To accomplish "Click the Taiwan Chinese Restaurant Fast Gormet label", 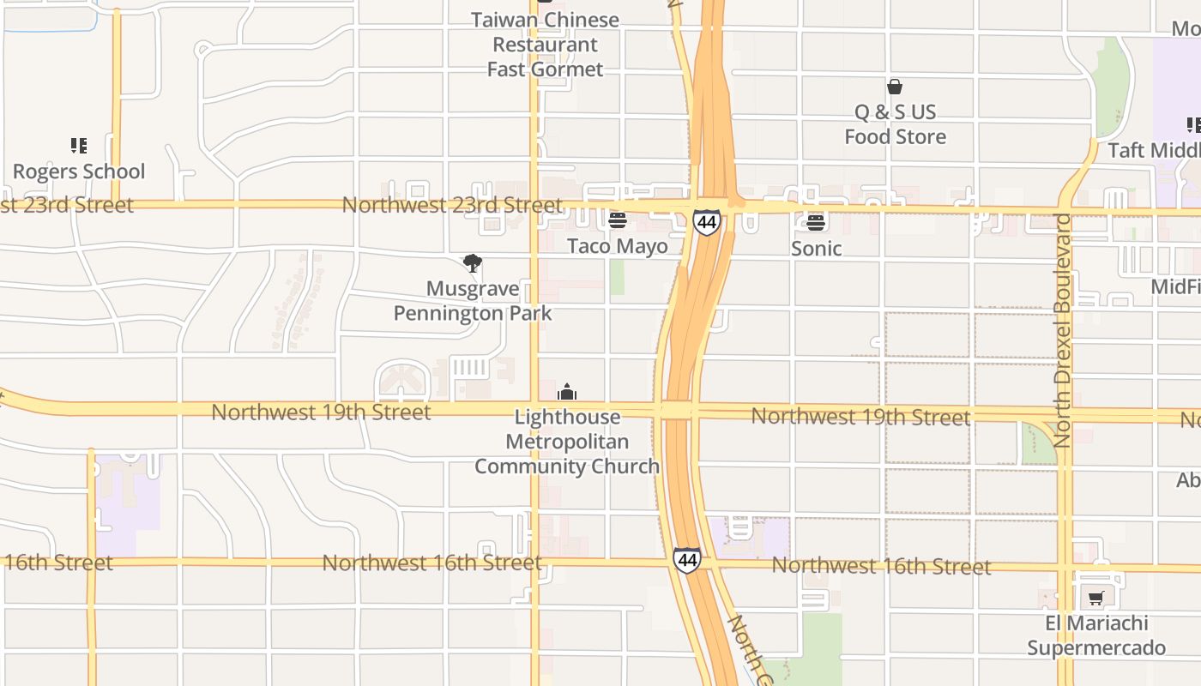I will click(546, 45).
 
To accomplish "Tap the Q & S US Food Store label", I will click(895, 124).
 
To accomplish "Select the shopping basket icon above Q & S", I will click(895, 87).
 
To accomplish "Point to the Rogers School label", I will click(79, 171).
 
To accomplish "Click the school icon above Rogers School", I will click(79, 146).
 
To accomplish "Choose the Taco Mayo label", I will click(617, 247).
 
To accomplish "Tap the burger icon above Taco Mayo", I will click(617, 221).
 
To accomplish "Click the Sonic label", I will click(816, 249).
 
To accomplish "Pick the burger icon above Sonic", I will click(816, 223).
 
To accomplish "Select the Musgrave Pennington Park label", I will click(473, 301).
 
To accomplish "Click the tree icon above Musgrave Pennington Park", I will click(472, 263).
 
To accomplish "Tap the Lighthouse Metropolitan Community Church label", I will click(567, 442).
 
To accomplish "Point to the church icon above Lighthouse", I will click(567, 393).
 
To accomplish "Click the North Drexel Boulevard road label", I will click(1063, 330).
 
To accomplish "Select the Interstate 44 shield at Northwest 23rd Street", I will click(707, 223).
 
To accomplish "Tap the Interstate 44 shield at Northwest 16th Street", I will click(686, 561).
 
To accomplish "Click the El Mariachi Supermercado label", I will click(1096, 635).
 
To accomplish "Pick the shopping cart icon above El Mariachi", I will click(1095, 599).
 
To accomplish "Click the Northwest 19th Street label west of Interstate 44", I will click(321, 412).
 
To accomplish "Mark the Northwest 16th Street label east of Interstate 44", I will click(881, 566).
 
